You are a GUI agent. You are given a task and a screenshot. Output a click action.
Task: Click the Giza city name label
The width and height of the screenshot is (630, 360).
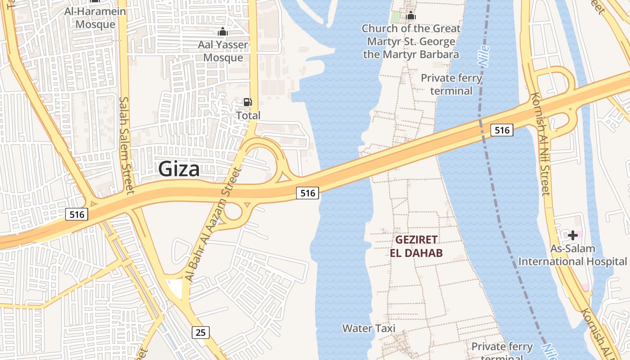click(x=179, y=169)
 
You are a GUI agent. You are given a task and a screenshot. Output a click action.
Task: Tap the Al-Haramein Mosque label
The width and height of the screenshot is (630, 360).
click(x=95, y=18)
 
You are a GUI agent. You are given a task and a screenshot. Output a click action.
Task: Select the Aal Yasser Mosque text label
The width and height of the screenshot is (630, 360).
click(x=223, y=51)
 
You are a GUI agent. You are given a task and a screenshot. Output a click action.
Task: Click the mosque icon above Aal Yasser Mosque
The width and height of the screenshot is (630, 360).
click(x=222, y=31)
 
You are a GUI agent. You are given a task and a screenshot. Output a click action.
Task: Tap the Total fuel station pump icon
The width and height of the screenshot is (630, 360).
click(x=247, y=102)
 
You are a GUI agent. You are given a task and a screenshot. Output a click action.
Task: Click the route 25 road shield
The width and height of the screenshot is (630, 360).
click(x=201, y=333)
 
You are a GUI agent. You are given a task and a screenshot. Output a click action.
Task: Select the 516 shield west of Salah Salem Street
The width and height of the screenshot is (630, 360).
click(x=77, y=214)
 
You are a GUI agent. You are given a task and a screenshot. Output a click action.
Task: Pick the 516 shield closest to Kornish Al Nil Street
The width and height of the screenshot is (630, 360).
click(x=502, y=130)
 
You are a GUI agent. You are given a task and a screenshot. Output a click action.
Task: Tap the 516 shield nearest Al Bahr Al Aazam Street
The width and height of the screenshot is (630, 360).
click(x=308, y=193)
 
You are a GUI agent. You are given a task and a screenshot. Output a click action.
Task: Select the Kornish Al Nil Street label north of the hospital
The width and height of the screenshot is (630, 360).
click(x=540, y=144)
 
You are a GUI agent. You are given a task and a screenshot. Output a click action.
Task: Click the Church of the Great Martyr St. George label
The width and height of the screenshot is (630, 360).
click(x=411, y=41)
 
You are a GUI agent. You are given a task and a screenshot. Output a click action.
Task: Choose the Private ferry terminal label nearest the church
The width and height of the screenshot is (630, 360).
click(x=451, y=84)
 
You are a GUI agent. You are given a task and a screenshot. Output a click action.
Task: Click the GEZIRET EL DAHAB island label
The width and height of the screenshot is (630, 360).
click(x=416, y=246)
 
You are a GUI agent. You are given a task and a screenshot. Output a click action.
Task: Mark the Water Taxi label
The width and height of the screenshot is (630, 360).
click(x=369, y=328)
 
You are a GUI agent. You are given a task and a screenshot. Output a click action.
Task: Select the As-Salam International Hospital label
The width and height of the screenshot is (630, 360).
click(x=572, y=255)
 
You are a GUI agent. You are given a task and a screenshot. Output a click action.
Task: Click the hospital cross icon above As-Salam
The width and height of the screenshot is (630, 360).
click(x=572, y=235)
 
